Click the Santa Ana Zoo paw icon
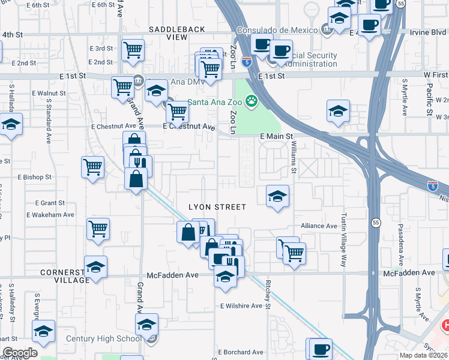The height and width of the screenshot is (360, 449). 252,101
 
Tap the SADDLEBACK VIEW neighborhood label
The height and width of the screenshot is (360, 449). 177,33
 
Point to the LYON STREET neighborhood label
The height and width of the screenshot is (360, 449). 217,207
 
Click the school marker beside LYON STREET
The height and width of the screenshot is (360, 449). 277,197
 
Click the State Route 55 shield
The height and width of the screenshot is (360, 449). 375,222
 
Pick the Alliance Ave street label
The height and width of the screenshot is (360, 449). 319,226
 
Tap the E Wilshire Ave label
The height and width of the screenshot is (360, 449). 241,306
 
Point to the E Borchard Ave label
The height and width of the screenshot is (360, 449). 241,352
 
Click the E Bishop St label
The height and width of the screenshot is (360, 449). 35,178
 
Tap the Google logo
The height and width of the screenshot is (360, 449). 20,353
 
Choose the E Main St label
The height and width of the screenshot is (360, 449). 276,137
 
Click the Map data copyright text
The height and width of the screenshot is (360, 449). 423,355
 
